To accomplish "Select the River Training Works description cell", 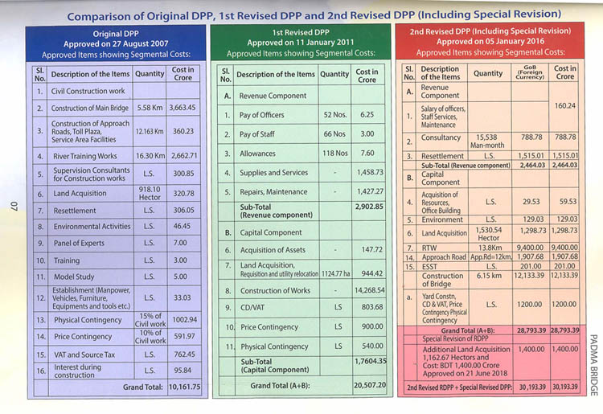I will (84, 155).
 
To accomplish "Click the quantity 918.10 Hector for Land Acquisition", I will (150, 193).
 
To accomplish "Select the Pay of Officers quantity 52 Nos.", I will (334, 115).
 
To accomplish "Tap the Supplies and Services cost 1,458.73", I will (367, 172).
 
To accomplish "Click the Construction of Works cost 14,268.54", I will (367, 290).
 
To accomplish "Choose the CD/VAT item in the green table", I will (255, 307).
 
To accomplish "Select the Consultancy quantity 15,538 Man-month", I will (488, 142).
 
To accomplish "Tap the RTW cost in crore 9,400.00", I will (565, 248).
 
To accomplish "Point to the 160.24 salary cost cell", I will (565, 105).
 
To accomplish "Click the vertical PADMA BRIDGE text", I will (593, 365).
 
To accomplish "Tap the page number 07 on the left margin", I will (13, 207).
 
